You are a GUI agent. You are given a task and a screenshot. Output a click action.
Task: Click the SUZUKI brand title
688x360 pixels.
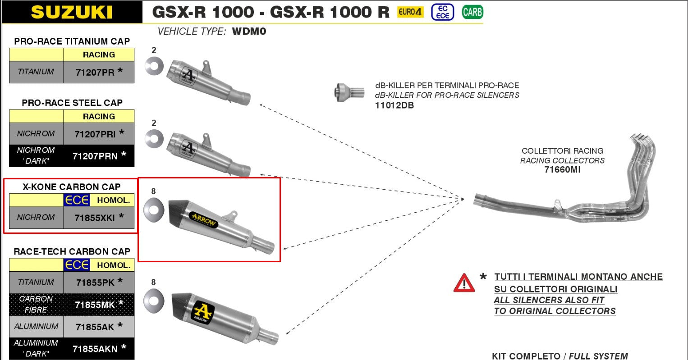(x=71, y=12)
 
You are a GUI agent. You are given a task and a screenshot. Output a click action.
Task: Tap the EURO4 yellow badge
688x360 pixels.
(x=410, y=12)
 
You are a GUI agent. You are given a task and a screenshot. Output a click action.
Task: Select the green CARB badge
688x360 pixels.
(x=472, y=12)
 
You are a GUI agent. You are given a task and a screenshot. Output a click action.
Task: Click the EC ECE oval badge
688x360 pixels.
(x=442, y=12)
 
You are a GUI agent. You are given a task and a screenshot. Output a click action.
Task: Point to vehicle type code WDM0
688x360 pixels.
(x=249, y=32)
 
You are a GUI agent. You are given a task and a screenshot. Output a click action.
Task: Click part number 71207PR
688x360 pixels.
(x=95, y=72)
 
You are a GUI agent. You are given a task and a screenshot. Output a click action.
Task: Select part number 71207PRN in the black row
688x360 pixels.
(x=95, y=156)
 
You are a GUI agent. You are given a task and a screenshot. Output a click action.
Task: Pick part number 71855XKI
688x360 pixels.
(x=95, y=218)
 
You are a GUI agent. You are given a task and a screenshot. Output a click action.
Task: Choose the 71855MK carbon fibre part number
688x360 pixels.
(x=95, y=305)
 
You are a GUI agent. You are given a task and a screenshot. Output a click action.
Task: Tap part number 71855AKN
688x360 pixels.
(x=95, y=349)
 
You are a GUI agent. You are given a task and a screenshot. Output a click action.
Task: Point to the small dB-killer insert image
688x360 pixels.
(x=349, y=92)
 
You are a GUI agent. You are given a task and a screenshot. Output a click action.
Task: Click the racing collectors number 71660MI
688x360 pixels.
(x=562, y=170)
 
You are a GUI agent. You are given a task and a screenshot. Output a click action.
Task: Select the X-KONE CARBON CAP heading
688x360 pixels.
(x=72, y=187)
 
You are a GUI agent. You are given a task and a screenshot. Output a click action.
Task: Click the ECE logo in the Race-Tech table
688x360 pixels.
(x=77, y=265)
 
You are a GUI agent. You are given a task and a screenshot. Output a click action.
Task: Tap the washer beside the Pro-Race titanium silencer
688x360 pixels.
(x=154, y=66)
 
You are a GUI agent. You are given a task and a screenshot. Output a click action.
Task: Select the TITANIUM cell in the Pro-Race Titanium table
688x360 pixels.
(x=36, y=72)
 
